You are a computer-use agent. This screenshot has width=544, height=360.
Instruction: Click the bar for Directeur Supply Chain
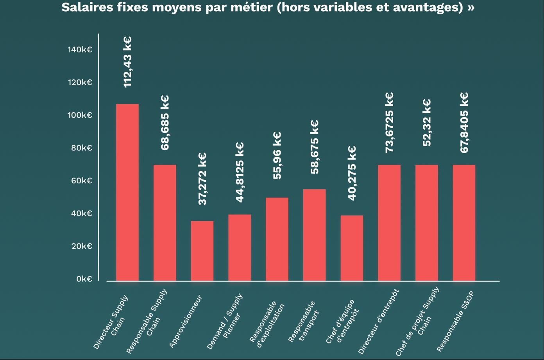(x=127, y=192)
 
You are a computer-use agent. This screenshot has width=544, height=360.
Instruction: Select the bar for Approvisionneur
(x=202, y=251)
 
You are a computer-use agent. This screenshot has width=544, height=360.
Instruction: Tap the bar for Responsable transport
(x=314, y=235)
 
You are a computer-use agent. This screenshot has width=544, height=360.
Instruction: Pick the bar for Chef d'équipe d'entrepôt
(x=352, y=248)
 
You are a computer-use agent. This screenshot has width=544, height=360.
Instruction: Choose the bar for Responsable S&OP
(x=464, y=223)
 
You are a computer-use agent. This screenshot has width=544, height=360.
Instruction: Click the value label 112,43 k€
(x=127, y=62)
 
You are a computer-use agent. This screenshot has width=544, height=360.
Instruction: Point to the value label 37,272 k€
(x=202, y=179)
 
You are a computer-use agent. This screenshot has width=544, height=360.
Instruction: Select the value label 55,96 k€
(x=277, y=156)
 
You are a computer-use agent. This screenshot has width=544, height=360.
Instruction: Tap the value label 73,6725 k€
(x=389, y=122)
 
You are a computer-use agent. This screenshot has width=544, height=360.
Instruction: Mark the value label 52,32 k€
(x=427, y=123)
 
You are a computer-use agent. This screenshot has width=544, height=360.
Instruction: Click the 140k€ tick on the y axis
(x=80, y=50)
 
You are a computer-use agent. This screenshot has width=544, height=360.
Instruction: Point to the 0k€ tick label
(x=84, y=279)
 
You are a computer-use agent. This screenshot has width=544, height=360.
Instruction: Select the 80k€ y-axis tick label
(x=82, y=148)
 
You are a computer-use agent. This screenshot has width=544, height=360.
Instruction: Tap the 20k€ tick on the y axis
(x=82, y=246)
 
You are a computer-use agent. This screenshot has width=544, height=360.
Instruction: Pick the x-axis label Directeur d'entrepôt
(x=378, y=322)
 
